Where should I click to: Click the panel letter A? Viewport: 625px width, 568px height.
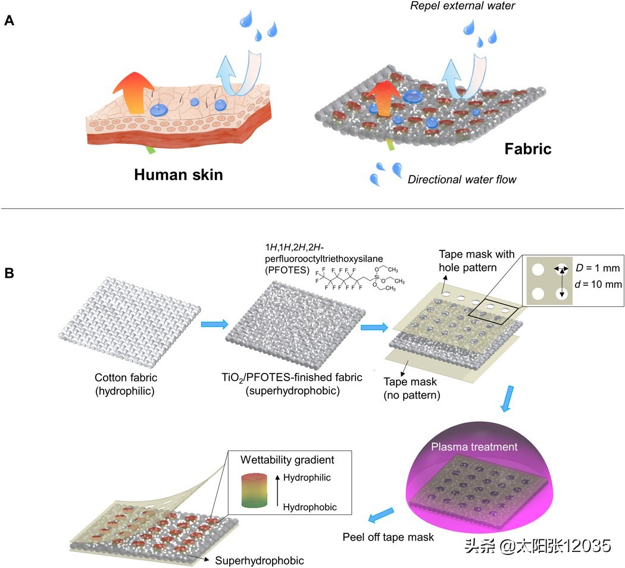[9, 20]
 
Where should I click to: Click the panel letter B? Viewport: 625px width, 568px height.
[9, 273]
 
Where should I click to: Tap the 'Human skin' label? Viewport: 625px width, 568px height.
[178, 175]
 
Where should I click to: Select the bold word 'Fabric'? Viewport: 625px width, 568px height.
[528, 149]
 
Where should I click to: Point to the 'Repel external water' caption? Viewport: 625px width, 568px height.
[462, 5]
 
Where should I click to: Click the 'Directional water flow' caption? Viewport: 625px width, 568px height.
[461, 179]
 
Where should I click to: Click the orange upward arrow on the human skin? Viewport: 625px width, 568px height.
[133, 93]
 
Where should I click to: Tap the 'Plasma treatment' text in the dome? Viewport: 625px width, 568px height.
[474, 447]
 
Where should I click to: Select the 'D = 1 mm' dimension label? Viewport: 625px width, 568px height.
[598, 268]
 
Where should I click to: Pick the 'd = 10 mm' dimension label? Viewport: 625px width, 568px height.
[598, 284]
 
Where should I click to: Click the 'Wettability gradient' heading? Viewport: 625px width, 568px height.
[287, 460]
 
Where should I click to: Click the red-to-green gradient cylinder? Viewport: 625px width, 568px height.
[254, 491]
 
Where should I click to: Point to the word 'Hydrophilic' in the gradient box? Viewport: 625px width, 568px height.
[307, 477]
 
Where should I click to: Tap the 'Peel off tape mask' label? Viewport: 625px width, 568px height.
[388, 537]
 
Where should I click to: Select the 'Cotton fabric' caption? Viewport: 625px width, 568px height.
[126, 377]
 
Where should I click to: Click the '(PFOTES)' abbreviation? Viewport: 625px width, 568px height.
[287, 270]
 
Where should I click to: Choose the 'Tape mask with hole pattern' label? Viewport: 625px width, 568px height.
[476, 261]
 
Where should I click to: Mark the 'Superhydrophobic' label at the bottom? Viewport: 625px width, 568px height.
[260, 560]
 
